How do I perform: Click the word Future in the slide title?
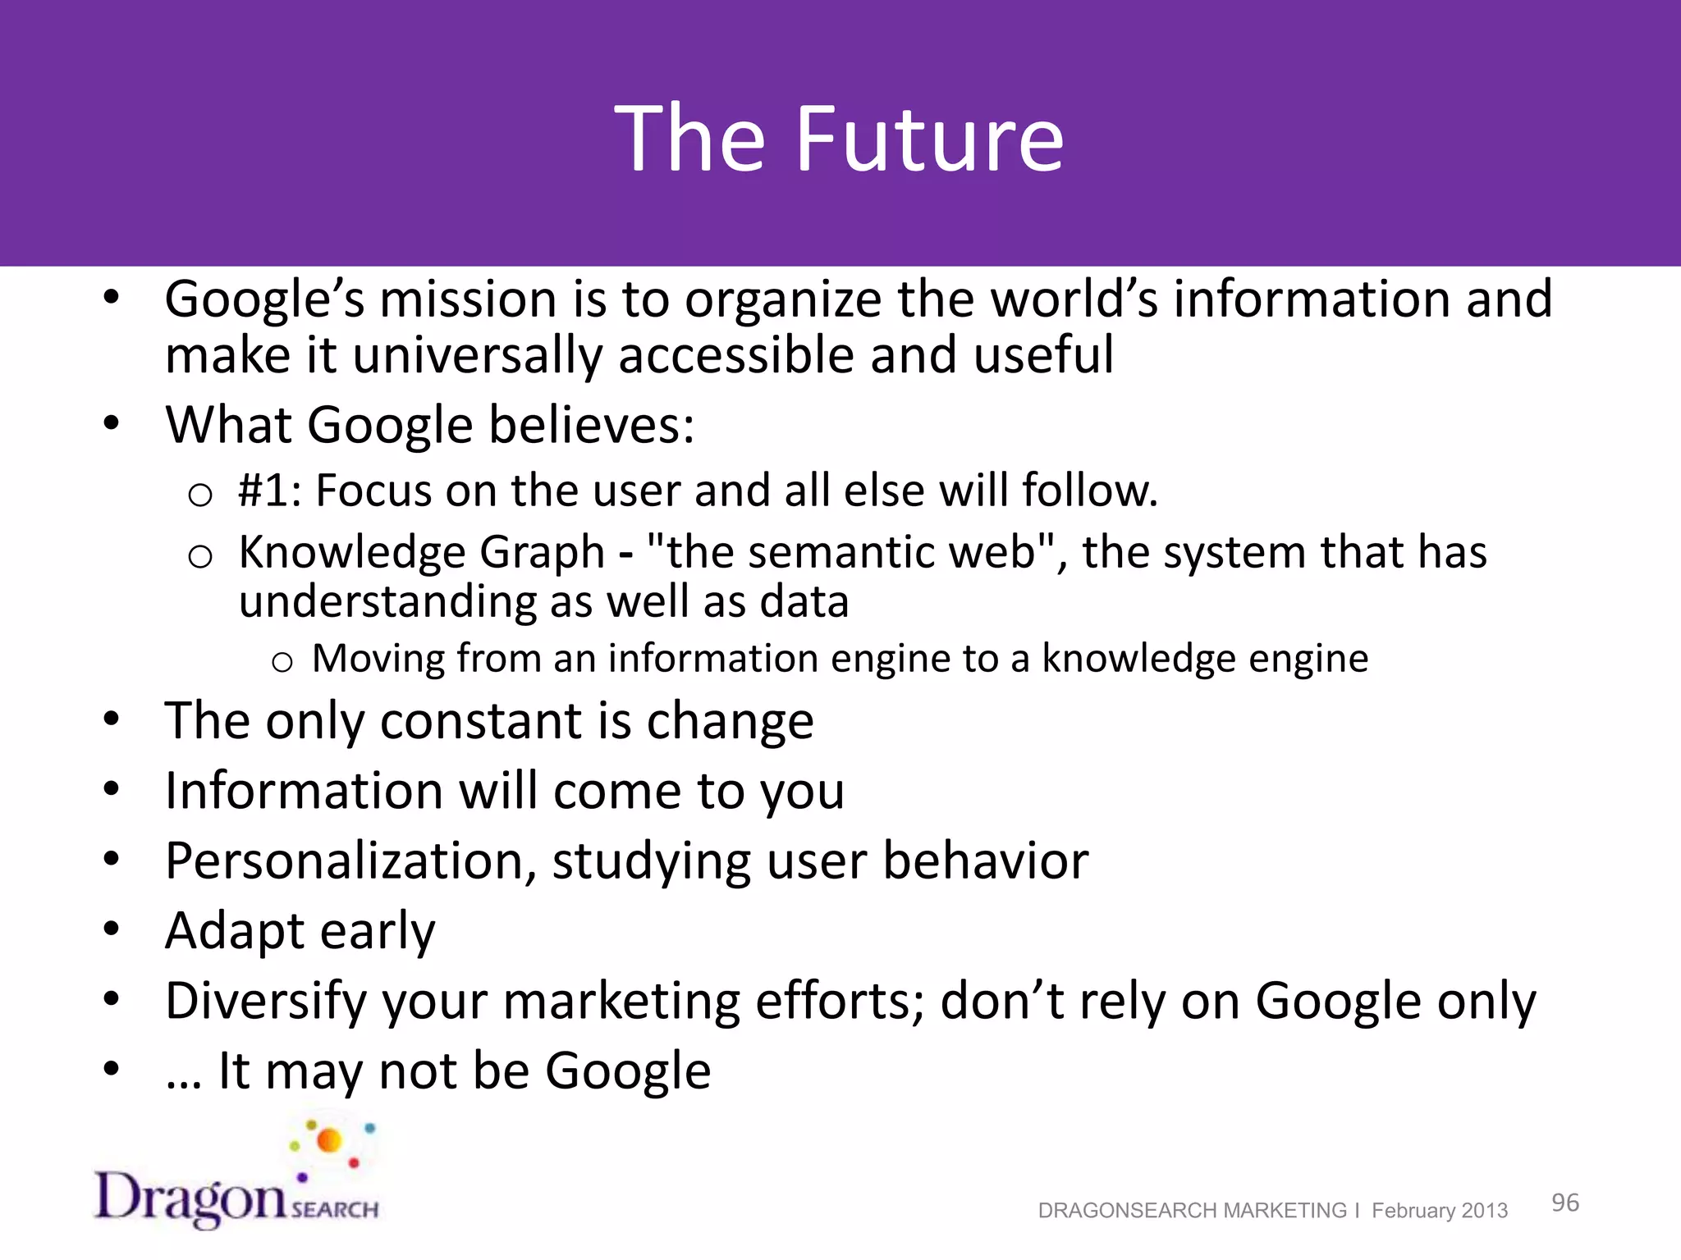click(929, 139)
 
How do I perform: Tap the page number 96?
click(1564, 1203)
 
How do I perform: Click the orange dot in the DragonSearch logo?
click(329, 1140)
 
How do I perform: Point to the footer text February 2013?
click(1440, 1211)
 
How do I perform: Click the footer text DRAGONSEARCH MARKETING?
click(1192, 1211)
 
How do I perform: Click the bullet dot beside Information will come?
click(112, 790)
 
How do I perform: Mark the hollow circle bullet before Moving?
click(282, 661)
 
